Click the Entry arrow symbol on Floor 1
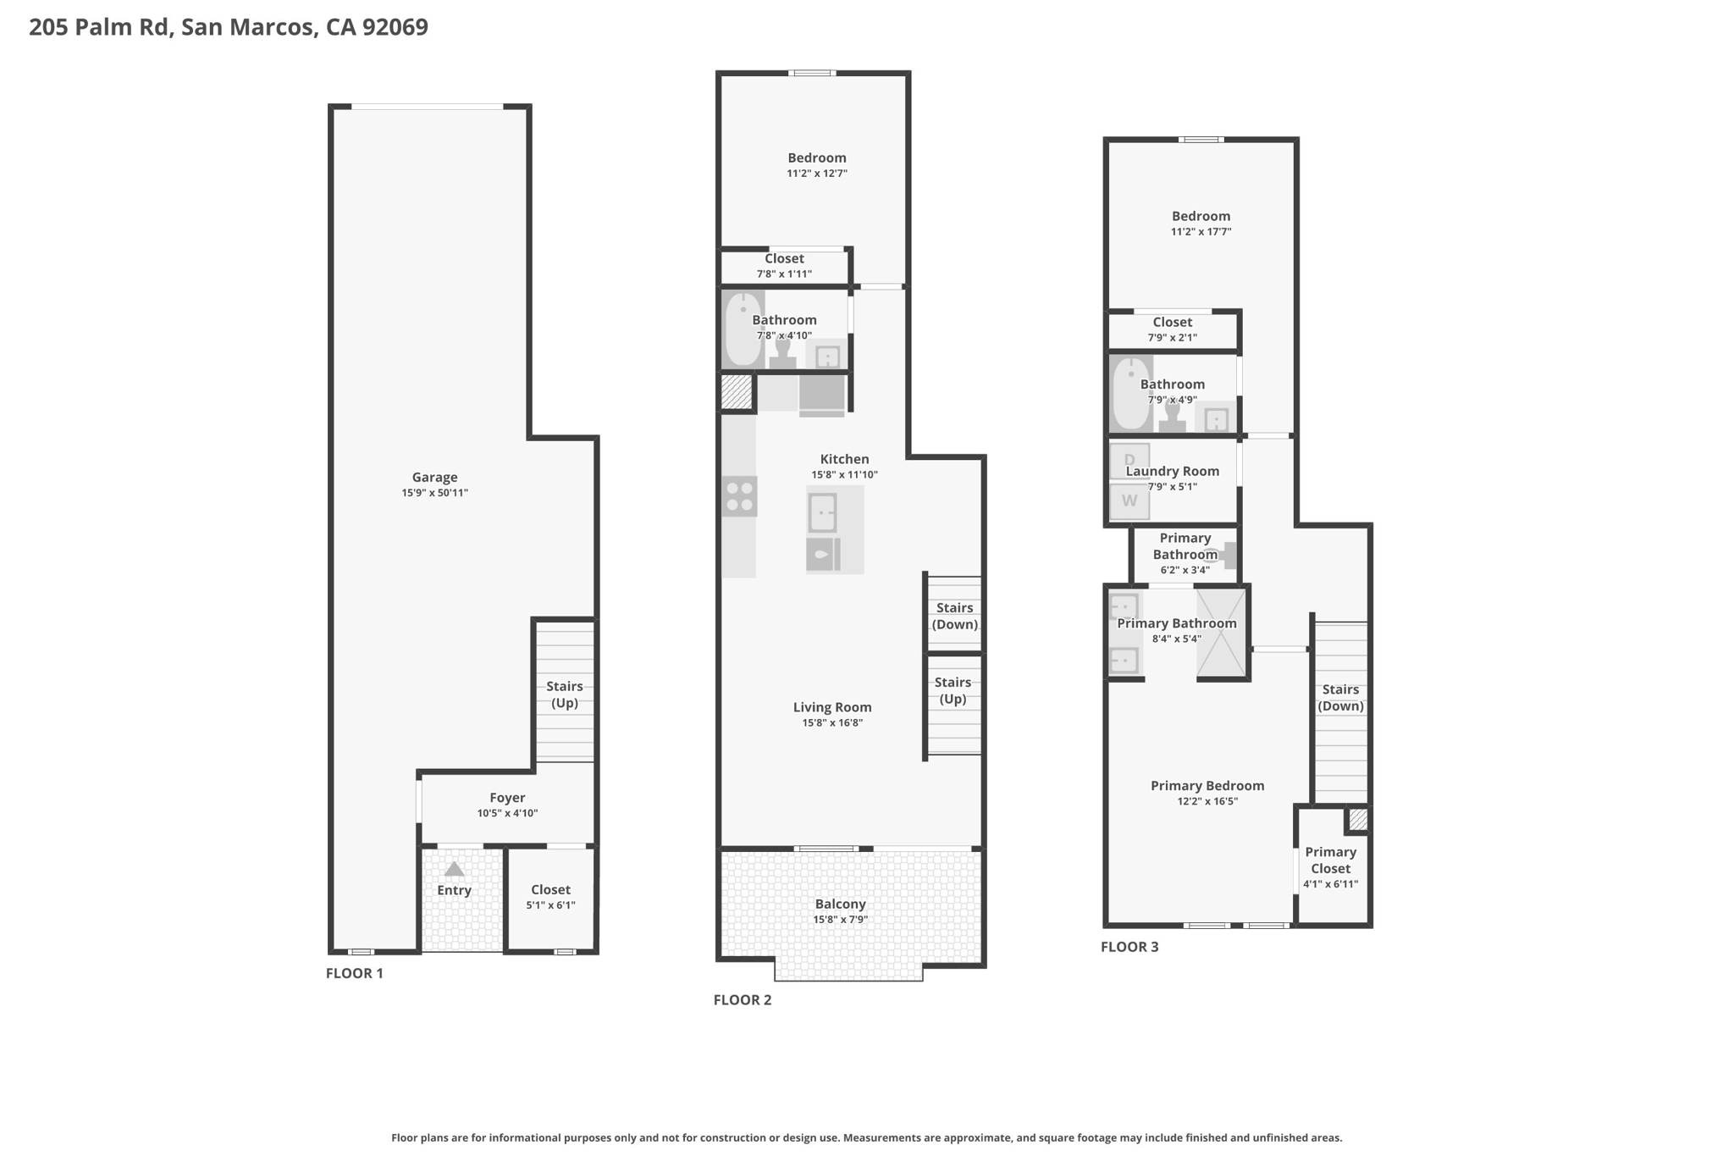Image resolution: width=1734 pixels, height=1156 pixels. point(455,869)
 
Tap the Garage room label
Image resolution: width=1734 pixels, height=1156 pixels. point(434,478)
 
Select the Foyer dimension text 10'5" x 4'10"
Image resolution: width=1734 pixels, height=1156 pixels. point(507,813)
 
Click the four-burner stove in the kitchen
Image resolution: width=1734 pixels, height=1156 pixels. point(739,496)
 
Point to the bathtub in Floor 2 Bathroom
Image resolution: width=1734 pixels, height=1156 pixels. point(743,329)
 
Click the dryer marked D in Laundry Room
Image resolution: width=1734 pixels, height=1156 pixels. point(1129,462)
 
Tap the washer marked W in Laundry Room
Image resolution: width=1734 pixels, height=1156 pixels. point(1129,501)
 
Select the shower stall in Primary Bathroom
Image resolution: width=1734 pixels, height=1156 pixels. point(1221,633)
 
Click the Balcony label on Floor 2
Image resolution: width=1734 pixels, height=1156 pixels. point(840,904)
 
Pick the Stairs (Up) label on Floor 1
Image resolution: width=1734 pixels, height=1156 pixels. point(565,694)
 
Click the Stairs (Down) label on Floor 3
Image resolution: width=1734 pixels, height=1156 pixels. point(1341,698)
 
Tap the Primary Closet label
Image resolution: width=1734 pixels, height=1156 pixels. point(1331,860)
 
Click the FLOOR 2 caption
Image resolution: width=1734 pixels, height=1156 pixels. point(743,1000)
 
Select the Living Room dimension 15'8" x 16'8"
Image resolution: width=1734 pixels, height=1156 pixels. point(832,723)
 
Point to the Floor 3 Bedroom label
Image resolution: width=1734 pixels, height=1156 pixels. point(1201,216)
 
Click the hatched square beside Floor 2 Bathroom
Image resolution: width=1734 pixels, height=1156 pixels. point(737,392)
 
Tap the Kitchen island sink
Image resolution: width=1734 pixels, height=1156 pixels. point(822,512)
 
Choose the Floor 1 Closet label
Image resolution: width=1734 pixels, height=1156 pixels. point(550,890)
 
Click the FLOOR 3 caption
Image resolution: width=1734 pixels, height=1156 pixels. point(1129,947)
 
